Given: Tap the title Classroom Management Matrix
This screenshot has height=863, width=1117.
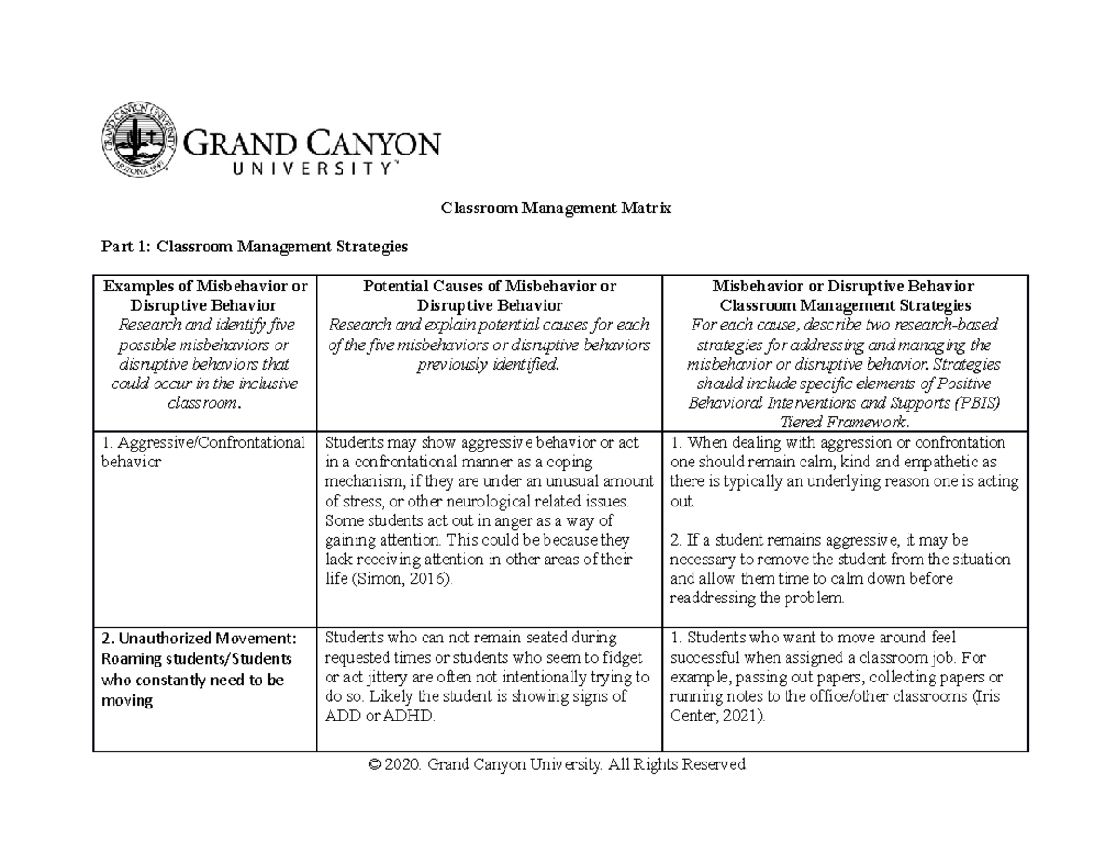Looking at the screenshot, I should (x=556, y=209).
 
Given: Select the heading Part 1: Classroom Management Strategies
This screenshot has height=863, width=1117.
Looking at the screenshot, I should (x=254, y=247).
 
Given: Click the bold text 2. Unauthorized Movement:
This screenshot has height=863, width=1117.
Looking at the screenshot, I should (x=198, y=639).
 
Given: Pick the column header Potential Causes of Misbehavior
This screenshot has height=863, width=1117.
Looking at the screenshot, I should (x=489, y=287).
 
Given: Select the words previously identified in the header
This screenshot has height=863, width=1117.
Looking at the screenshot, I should (x=489, y=365).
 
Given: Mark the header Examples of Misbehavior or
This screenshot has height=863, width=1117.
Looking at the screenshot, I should (x=204, y=287).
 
